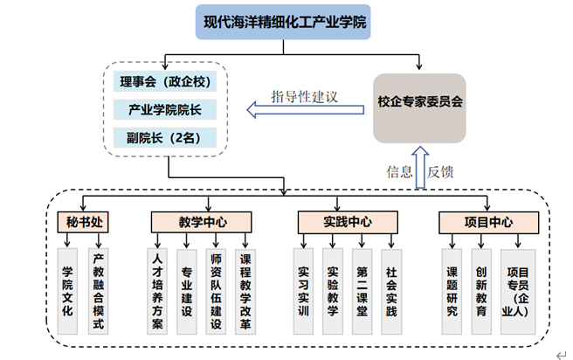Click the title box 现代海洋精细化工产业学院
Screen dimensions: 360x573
pos(283,21)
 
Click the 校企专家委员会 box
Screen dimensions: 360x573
pos(419,101)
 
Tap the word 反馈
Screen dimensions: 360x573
pos(441,171)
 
